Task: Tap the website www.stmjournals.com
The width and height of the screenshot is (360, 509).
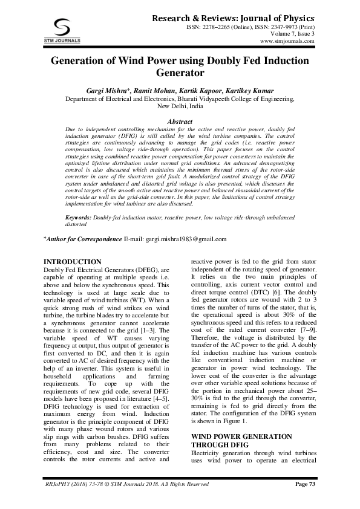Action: coord(286,42)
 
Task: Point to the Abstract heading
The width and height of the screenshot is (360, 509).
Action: coord(179,122)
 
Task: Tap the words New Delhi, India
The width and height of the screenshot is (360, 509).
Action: coord(180,105)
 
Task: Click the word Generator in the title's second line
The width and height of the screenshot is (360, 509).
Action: coord(179,74)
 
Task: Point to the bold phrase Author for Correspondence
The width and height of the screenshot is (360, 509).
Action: coord(84,239)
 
